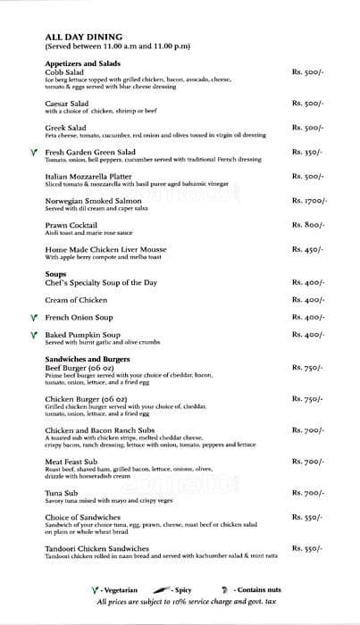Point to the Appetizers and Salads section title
pyautogui.click(x=82, y=64)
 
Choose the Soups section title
pyautogui.click(x=56, y=273)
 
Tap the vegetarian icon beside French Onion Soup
pyautogui.click(x=33, y=318)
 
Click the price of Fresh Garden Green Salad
pyautogui.click(x=307, y=153)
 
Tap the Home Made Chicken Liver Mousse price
pyautogui.click(x=307, y=250)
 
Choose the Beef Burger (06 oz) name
pyautogui.click(x=81, y=367)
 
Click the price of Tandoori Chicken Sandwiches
pyautogui.click(x=307, y=547)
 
